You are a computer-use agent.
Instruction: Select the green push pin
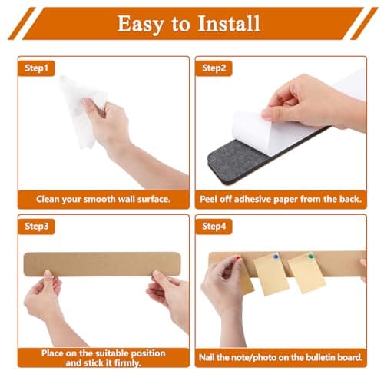311,257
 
